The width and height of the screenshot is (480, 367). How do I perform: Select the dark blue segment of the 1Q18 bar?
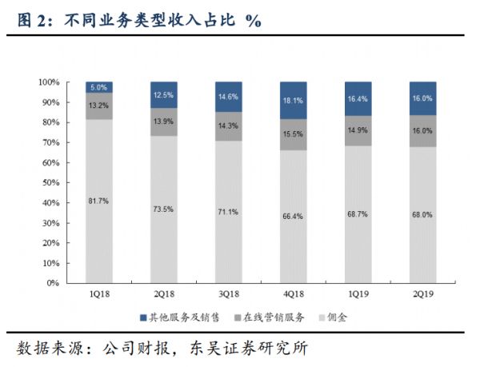[x=99, y=87]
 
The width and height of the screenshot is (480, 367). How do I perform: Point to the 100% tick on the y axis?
[x=49, y=82]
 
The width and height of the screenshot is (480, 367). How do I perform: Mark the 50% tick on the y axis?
[x=51, y=183]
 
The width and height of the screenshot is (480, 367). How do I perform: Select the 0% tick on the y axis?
[x=54, y=283]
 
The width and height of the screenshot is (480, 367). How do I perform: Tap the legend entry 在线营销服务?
[x=274, y=317]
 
